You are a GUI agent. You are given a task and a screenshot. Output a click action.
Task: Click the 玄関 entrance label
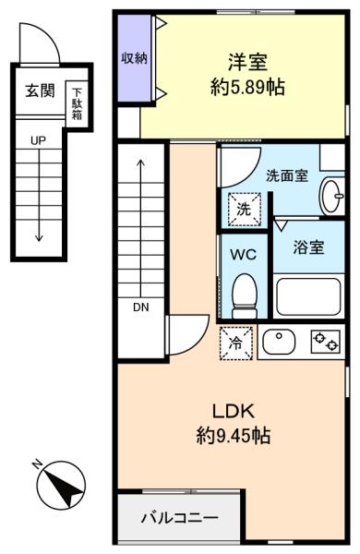[40, 91]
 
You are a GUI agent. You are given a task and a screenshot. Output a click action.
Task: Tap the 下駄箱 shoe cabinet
[77, 104]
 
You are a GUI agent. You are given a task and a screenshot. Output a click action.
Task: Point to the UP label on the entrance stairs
[38, 140]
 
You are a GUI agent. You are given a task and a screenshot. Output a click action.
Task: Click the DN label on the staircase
[141, 307]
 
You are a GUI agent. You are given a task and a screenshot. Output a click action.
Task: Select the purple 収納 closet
[135, 58]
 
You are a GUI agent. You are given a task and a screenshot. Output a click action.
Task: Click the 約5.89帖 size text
[247, 87]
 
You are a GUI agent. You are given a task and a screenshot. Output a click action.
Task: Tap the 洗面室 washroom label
[287, 175]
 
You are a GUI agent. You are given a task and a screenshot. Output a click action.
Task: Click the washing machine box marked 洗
[244, 210]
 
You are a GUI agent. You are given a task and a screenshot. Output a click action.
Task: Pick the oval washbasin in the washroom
[331, 197]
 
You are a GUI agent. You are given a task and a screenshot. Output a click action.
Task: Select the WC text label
[244, 255]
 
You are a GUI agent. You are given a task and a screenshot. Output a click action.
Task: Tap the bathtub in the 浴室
[308, 296]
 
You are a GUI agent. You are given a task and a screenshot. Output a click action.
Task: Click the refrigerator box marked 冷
[236, 343]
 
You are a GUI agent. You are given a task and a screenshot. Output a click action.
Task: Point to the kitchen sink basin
[279, 342]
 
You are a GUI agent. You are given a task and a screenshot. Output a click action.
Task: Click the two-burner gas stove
[325, 342]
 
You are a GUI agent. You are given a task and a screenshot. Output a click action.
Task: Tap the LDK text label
[234, 411]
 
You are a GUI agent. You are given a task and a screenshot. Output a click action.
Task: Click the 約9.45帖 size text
[234, 435]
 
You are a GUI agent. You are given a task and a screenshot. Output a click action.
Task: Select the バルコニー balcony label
[180, 518]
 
